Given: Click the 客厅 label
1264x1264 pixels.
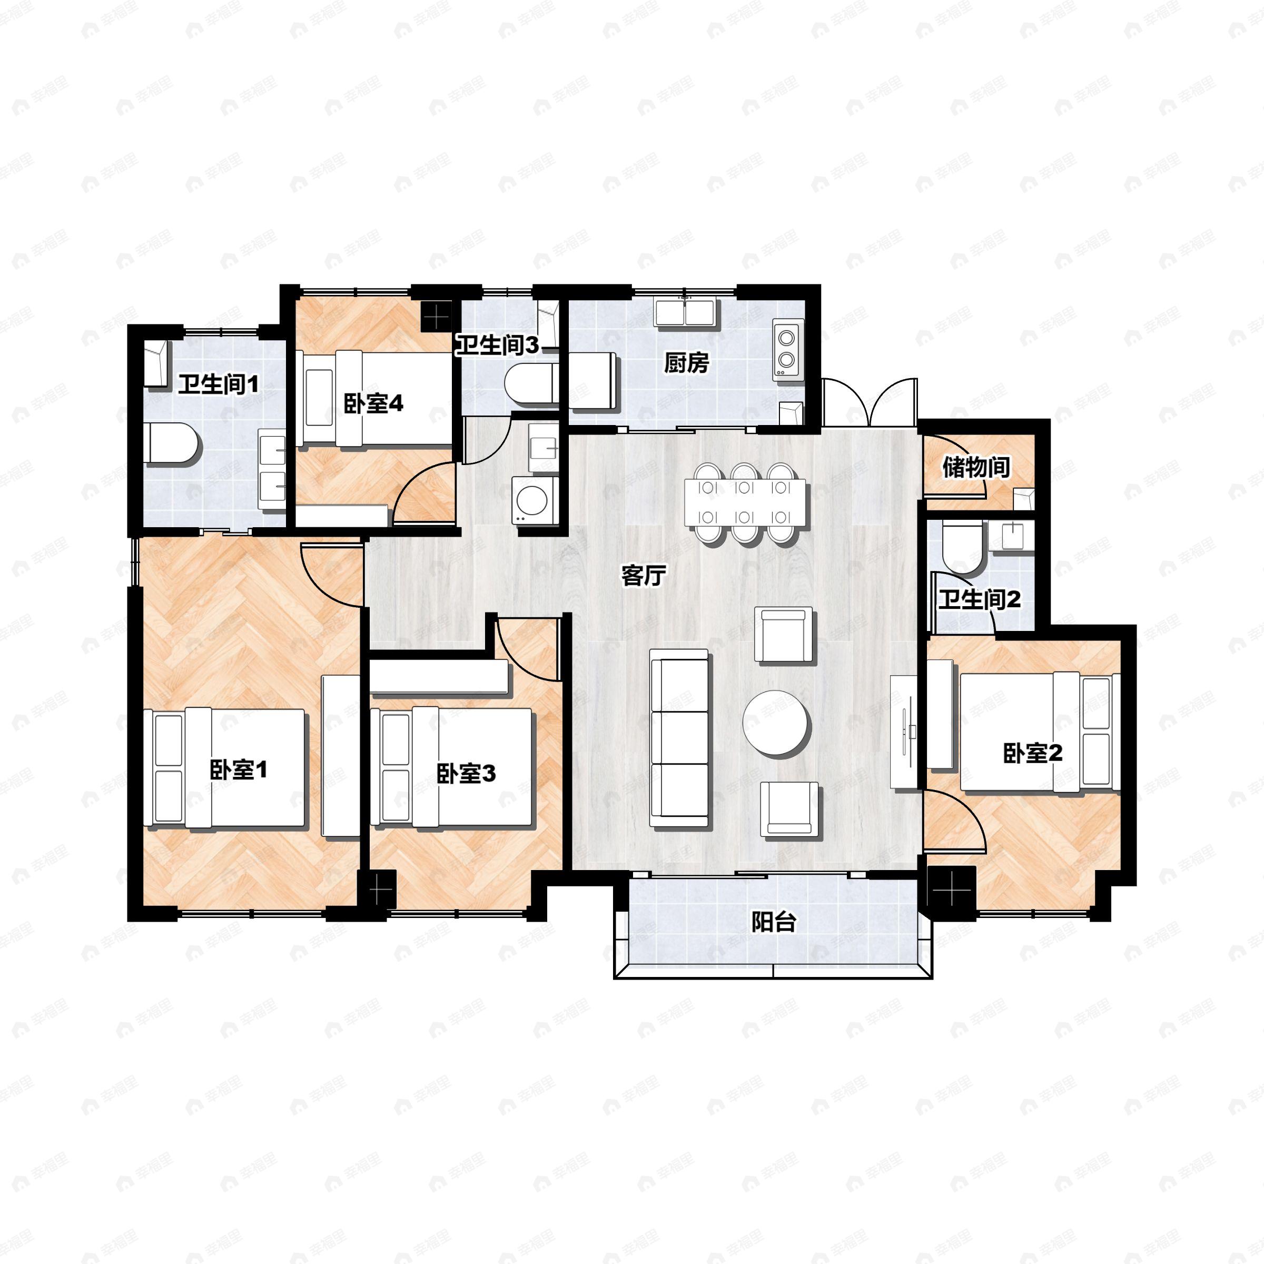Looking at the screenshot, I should pos(643,576).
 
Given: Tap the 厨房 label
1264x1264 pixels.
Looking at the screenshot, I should pos(686,362).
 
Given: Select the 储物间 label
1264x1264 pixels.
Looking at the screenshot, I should pos(975,467).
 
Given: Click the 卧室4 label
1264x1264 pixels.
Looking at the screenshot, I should pos(373,403).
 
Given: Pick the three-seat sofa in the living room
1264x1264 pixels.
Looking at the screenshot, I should pos(679,738).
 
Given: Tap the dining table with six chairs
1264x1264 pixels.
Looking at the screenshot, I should pos(745,502).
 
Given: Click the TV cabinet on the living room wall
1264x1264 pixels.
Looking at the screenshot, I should pos(904,732).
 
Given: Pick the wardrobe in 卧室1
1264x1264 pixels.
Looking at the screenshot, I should pos(341,756).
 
